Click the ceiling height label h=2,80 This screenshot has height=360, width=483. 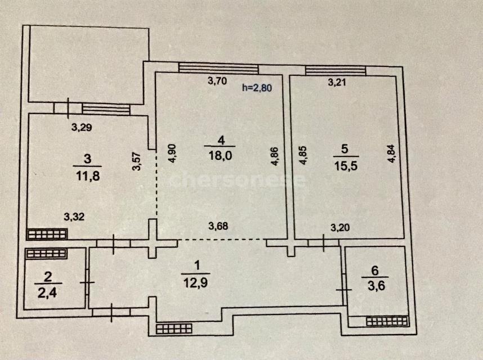click(x=258, y=87)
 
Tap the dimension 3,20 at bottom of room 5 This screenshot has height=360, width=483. click(x=338, y=228)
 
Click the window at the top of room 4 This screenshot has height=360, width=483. click(x=218, y=69)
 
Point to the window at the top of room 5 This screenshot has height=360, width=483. click(x=336, y=70)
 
